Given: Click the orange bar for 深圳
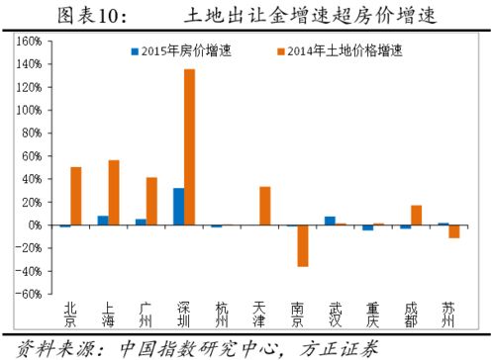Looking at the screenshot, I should coord(188,147).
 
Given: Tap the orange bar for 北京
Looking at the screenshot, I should coord(75,196).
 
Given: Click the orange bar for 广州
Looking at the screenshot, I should coord(151,201).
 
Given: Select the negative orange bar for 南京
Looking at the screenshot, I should coord(303,245).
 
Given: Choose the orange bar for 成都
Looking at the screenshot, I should coord(417,215).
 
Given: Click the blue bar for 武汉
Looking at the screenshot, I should coord(330,221).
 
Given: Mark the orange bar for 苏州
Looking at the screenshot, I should coord(454,231).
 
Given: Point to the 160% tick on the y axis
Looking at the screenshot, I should coord(28,42).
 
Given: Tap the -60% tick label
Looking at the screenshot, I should coord(28,294).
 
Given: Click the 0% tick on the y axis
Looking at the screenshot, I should coord(33,225).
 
